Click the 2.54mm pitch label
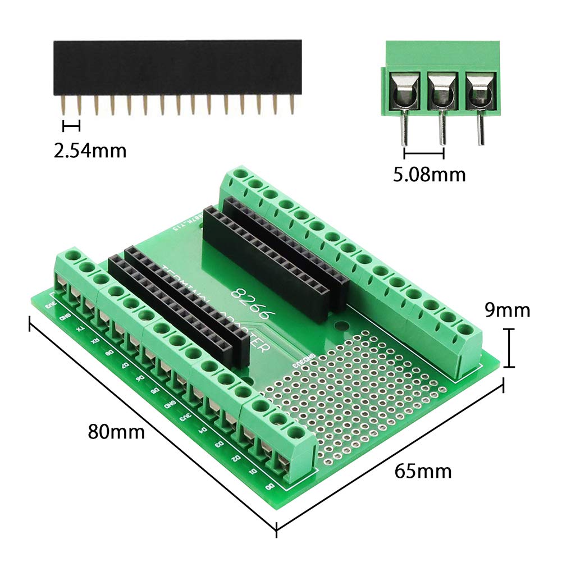coord(90,150)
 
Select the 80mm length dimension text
coord(116,432)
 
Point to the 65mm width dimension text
coord(423,470)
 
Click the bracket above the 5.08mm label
coord(424,153)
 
